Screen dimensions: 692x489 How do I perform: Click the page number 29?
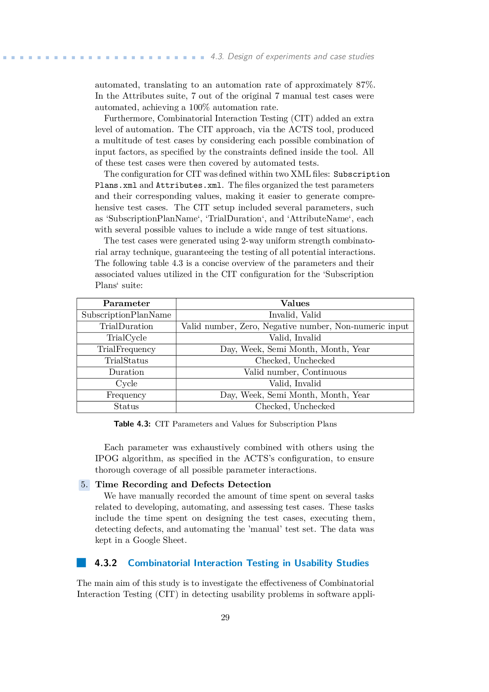[225, 617]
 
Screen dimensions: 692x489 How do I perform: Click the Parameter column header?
[126, 303]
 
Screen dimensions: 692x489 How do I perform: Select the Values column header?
[295, 303]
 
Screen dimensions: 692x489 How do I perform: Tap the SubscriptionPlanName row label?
[126, 315]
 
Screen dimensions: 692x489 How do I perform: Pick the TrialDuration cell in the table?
[126, 326]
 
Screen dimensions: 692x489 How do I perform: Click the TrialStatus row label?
[126, 361]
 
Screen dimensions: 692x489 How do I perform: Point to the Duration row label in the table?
[126, 372]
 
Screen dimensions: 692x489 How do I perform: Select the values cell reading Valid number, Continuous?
[295, 372]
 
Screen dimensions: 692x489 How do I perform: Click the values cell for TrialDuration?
[295, 326]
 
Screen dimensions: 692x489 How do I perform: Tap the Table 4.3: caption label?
[132, 424]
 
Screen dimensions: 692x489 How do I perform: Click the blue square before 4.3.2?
[81, 563]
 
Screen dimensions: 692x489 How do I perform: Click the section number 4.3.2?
[106, 563]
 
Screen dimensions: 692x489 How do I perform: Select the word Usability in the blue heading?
[312, 563]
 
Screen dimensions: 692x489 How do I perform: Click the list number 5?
[84, 484]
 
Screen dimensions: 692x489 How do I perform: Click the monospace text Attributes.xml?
[188, 185]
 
